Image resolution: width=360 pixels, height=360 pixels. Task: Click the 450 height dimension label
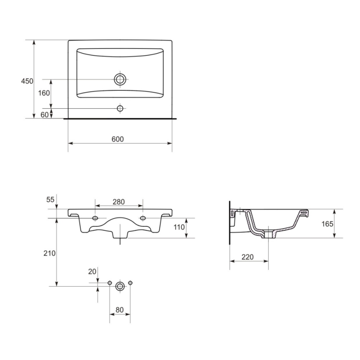point(27,81)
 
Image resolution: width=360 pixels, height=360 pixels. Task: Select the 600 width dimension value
point(118,139)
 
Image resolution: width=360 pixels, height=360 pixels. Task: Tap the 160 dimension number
point(44,93)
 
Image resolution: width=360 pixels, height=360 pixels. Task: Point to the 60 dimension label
point(45,115)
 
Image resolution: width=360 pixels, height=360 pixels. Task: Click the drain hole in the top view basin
point(120,79)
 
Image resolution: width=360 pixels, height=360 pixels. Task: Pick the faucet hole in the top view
point(120,109)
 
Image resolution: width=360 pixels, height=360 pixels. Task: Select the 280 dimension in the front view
point(119,202)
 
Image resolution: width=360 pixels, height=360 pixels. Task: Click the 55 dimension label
point(50,199)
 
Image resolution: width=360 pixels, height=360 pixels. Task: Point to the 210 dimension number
point(50,253)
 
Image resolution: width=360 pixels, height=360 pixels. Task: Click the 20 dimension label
point(92,271)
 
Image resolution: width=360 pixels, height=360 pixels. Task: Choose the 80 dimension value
point(120,309)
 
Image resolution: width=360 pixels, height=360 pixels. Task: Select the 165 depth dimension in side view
point(327,224)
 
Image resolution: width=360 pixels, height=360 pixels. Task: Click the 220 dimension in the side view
point(247,257)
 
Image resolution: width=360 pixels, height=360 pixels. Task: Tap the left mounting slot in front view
point(95,219)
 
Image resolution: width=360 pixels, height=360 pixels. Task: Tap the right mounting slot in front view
point(143,219)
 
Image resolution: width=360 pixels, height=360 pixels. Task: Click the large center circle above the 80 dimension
point(120,286)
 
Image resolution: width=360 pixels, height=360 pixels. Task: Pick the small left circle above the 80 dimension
point(109,283)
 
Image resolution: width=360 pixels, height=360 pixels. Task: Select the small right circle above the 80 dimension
point(130,283)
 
